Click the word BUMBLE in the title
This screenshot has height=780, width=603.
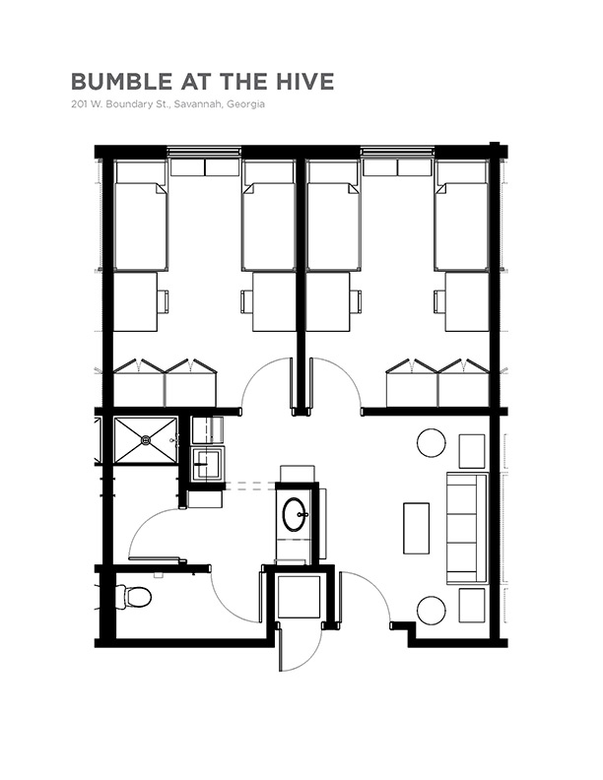[x=122, y=82]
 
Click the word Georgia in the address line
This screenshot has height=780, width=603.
[x=245, y=104]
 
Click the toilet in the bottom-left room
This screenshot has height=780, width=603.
[x=133, y=596]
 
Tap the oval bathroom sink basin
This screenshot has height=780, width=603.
[x=295, y=514]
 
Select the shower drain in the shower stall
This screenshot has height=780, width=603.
[x=146, y=440]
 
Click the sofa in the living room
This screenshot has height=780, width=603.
[x=467, y=528]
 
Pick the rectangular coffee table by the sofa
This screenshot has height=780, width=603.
[x=416, y=528]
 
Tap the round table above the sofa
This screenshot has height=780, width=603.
[x=432, y=443]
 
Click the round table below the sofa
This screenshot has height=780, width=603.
[x=432, y=611]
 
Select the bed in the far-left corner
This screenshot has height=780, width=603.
[x=140, y=216]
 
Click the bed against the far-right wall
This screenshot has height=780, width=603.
[x=461, y=216]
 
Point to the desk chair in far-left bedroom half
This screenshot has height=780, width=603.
[x=164, y=301]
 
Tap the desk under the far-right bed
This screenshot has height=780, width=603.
[x=467, y=301]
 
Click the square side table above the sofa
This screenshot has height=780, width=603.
[x=472, y=451]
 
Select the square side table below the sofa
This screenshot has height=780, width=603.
[x=472, y=606]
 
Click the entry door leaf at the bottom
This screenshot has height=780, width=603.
[x=280, y=650]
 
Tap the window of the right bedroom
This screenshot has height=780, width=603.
[x=397, y=152]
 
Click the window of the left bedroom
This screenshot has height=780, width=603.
[x=205, y=152]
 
